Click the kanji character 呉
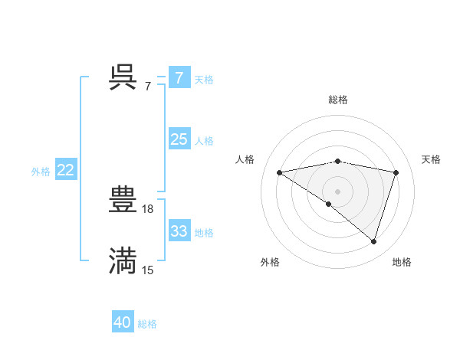coord(123,77)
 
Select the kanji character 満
coord(123,260)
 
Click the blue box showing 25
coord(179,139)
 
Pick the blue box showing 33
coord(179,231)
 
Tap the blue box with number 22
coord(65,170)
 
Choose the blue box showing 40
coord(122,322)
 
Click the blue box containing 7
coord(179,77)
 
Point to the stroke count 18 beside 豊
coord(149,208)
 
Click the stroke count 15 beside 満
coord(148,270)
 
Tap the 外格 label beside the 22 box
coord(41,172)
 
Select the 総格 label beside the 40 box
coord(148,324)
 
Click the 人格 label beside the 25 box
coord(204,141)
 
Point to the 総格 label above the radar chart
coord(338,100)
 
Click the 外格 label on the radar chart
coord(270,262)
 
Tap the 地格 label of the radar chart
coord(402,262)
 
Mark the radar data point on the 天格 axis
coord(396,172)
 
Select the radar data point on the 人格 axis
coord(280,172)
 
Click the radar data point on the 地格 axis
coord(373,241)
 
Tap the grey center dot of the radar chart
coord(337,191)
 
